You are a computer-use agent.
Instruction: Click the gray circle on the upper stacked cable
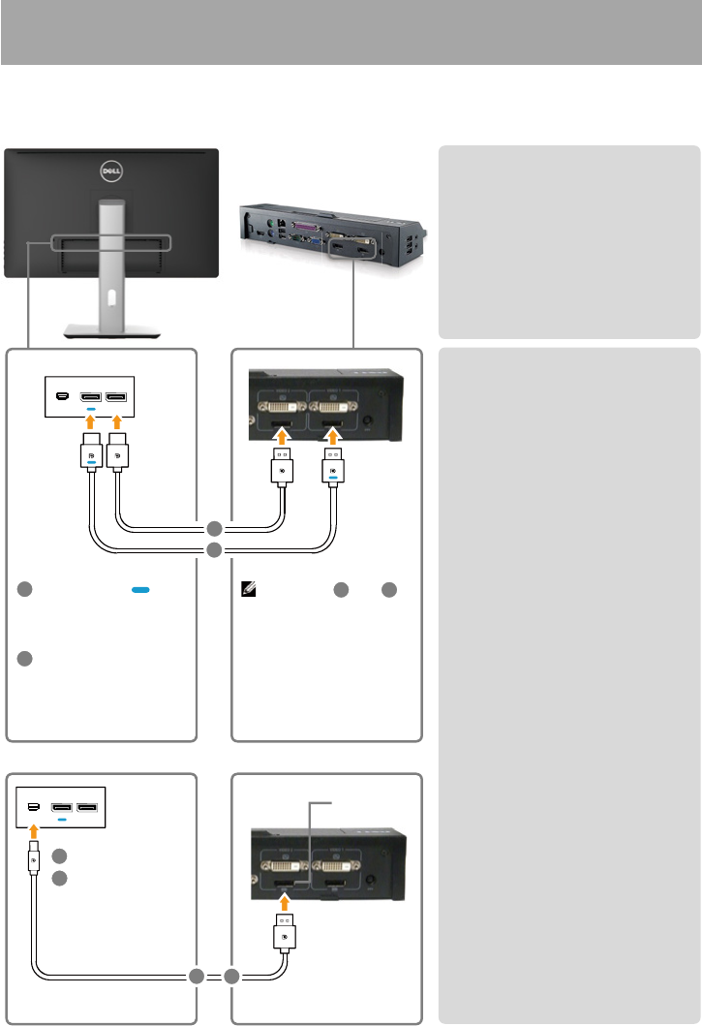coord(214,529)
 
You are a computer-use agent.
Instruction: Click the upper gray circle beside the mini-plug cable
coord(60,856)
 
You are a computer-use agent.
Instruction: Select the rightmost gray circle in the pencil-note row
coord(387,589)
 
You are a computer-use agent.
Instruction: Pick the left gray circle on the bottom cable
coord(197,976)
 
